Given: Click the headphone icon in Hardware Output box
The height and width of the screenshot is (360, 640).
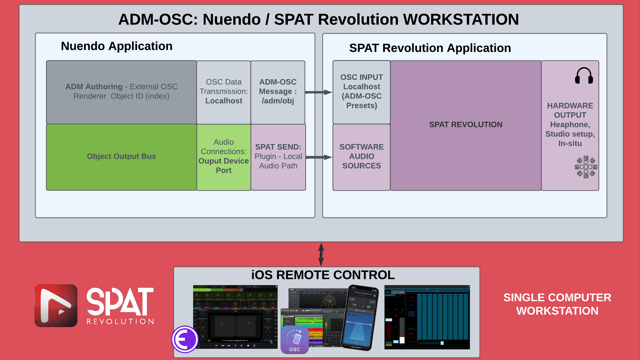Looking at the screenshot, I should pos(584,76).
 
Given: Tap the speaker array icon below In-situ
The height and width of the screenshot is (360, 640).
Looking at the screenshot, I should pos(586,167).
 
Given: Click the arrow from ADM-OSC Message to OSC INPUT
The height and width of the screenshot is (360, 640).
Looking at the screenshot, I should pos(319,92).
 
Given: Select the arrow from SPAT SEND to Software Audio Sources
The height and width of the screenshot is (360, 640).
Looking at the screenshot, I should pos(319,157).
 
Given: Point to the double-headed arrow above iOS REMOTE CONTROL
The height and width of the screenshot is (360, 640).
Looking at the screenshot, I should pos(321,254).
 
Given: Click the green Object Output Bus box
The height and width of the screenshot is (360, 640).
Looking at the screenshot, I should pos(121,157).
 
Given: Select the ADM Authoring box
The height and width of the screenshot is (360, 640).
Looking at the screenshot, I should pos(121,92).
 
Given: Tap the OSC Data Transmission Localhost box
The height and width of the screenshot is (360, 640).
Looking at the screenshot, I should pos(224,92).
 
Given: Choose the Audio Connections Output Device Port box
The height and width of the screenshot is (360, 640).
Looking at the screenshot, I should pos(224,157).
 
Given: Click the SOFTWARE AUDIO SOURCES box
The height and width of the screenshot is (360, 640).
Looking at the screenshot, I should pos(362,157).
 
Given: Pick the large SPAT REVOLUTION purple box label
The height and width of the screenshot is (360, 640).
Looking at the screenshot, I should pos(466,125).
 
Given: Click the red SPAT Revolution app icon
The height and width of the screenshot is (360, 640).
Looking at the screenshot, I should pos(56,305).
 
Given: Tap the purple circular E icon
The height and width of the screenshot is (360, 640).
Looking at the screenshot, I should pos(185,339).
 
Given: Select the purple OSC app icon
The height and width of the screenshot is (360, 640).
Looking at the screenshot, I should pos(294,340).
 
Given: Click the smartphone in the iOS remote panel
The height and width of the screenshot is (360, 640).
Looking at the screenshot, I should pos(360,317).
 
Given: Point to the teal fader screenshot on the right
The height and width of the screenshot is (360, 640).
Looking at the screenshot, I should pos(427,317).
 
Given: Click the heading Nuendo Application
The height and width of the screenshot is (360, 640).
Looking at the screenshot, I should pos(117,46).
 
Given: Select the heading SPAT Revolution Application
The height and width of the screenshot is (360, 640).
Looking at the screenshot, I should pos(430,48).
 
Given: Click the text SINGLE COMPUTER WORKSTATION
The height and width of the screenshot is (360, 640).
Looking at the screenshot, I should pos(557,304).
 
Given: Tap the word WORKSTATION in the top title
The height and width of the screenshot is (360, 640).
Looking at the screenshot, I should pos(461,20).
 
